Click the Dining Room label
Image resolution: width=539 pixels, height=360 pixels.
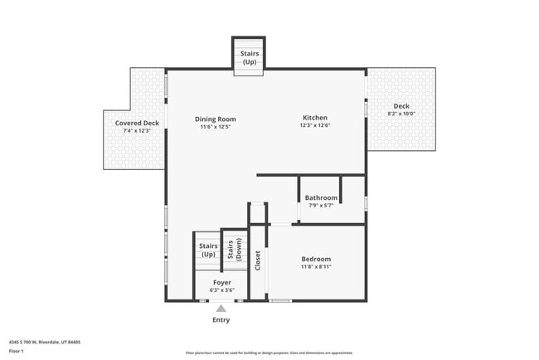tap(216, 119)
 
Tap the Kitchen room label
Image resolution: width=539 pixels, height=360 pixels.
tap(314, 118)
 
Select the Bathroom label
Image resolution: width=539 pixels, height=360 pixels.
tap(321, 197)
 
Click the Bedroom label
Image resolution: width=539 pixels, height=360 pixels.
tap(316, 259)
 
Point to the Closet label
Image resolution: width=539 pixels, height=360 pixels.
tap(258, 260)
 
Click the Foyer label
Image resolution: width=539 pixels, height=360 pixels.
tap(222, 282)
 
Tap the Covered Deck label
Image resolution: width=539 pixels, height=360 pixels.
tap(137, 123)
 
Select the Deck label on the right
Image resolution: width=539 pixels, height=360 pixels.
tap(401, 105)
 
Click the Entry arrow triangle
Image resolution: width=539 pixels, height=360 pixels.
tap(221, 308)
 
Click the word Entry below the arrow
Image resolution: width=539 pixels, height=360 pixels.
tap(221, 319)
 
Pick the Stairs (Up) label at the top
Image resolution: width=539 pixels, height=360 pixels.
tap(249, 57)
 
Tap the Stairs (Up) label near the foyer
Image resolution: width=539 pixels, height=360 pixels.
tap(207, 250)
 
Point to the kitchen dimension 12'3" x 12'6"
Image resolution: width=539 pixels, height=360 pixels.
tap(315, 126)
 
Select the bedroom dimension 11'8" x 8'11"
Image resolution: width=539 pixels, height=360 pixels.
tap(316, 267)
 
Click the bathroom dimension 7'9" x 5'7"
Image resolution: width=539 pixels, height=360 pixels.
tap(321, 205)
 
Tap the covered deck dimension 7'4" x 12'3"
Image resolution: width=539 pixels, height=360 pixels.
tap(137, 131)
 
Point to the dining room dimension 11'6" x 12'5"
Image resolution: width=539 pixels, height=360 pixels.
tap(216, 127)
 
